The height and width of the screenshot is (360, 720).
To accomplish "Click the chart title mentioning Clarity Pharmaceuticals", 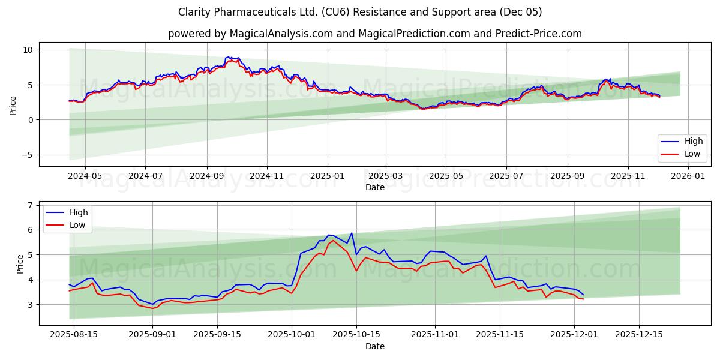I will tap(360, 12).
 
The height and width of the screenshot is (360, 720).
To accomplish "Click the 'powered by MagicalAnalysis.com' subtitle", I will tap(374, 34).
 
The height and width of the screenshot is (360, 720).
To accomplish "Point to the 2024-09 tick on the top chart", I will tap(207, 176).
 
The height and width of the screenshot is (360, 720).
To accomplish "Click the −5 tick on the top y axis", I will tap(28, 155).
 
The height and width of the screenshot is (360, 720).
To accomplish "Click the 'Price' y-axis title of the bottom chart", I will tap(20, 264).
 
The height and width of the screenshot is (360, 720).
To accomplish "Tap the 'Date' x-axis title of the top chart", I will tap(374, 187).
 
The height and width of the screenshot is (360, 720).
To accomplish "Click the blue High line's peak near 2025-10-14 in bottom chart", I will tap(352, 233).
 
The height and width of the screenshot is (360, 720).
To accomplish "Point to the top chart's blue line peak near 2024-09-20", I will tap(227, 57).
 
